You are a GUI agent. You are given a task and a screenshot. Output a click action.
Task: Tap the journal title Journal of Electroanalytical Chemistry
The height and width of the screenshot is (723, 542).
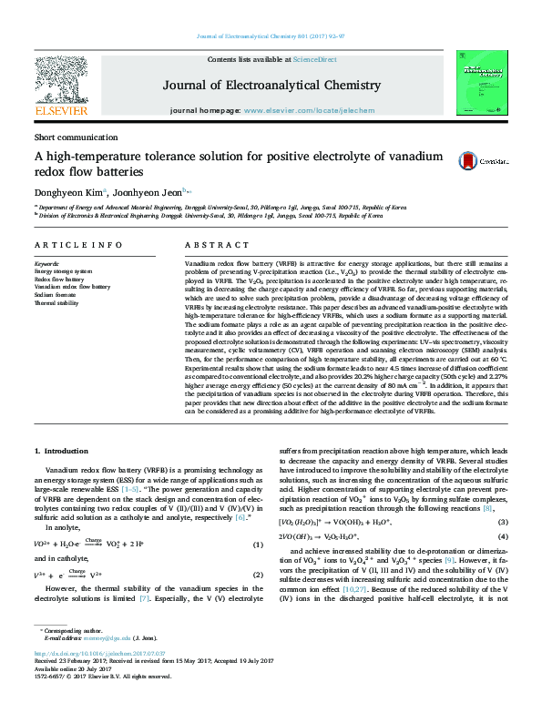(271, 86)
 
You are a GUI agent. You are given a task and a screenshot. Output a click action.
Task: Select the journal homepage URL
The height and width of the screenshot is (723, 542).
(296, 110)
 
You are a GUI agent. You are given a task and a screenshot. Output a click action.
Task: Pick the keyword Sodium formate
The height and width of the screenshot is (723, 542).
(56, 295)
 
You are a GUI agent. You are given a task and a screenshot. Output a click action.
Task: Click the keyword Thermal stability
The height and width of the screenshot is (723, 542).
(56, 303)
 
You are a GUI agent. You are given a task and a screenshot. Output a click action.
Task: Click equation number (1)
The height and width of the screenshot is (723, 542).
(258, 545)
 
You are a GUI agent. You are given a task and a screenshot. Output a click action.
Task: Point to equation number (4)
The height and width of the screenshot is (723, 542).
(500, 536)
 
